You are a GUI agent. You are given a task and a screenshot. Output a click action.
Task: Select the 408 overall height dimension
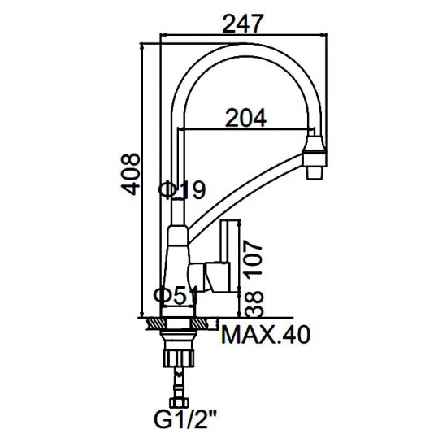click(x=130, y=174)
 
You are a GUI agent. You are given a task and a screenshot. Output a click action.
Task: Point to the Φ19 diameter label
click(x=182, y=189)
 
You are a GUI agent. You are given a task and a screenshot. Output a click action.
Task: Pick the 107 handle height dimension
click(x=254, y=257)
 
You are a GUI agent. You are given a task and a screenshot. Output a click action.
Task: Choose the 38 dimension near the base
click(x=254, y=303)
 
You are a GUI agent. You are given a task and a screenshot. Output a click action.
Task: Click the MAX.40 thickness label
click(x=266, y=335)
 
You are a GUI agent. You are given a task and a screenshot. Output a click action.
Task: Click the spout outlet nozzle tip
click(x=314, y=173)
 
